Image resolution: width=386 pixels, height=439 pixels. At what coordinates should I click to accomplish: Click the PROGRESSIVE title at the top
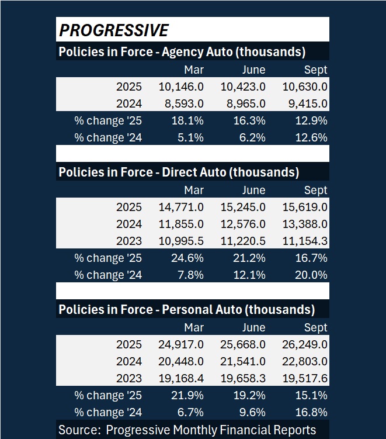(x=114, y=30)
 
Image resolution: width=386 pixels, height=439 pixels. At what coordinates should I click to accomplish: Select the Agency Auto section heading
(x=182, y=51)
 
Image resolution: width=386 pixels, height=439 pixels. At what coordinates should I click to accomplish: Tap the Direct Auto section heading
(x=179, y=172)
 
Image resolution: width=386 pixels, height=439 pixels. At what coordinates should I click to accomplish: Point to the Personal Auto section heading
(x=186, y=310)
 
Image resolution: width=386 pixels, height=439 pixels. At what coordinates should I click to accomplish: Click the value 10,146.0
(x=181, y=87)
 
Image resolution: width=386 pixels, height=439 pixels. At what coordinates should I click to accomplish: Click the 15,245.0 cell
(x=243, y=208)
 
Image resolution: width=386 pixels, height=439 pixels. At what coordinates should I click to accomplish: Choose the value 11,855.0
(x=181, y=224)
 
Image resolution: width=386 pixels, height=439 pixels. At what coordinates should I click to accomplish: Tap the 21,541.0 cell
(x=243, y=362)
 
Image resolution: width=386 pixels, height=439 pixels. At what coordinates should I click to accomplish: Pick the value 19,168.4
(x=181, y=379)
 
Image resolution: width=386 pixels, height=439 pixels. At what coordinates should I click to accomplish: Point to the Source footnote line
(x=187, y=430)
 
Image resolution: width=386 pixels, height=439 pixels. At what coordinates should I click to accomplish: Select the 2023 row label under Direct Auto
(x=128, y=241)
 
